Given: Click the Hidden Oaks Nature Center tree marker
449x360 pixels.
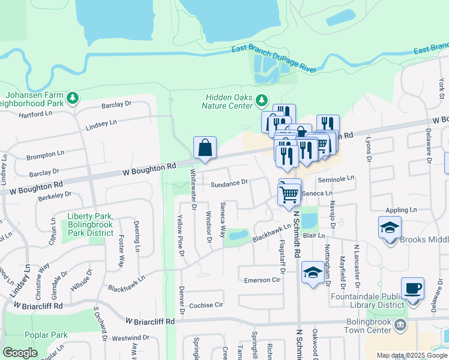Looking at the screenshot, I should tap(261, 99).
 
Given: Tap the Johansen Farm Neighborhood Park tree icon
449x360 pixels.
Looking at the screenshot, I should tap(73, 98).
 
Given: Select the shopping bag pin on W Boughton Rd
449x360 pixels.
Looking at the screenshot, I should tap(205, 147).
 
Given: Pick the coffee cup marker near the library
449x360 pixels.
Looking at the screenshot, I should tap(412, 289).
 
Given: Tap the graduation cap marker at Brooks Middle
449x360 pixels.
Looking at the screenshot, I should tap(390, 228).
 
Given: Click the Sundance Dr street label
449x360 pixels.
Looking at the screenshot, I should tap(229, 182).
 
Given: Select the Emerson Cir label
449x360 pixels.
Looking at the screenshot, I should tap(262, 280).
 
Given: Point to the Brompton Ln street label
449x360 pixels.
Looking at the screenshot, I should tap(45, 155).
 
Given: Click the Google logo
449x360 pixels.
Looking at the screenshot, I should tap(20, 353).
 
